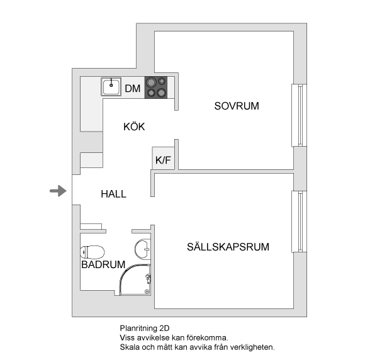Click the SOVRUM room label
pos(237,106)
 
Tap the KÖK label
pos(134,127)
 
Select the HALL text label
pos(113,194)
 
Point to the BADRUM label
pos(103,264)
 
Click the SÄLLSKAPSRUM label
pos(228,247)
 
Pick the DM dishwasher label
pos(133,88)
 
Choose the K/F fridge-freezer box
pos(164,158)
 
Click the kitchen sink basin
pos(111,87)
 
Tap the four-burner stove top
pos(156,87)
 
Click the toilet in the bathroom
pos(93,252)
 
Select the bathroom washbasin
pos(142,249)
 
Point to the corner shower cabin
pos(135,279)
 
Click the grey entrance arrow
pos(59,191)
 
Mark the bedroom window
pos(300,115)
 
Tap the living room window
pos(300,222)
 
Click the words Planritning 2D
pos(145,328)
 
